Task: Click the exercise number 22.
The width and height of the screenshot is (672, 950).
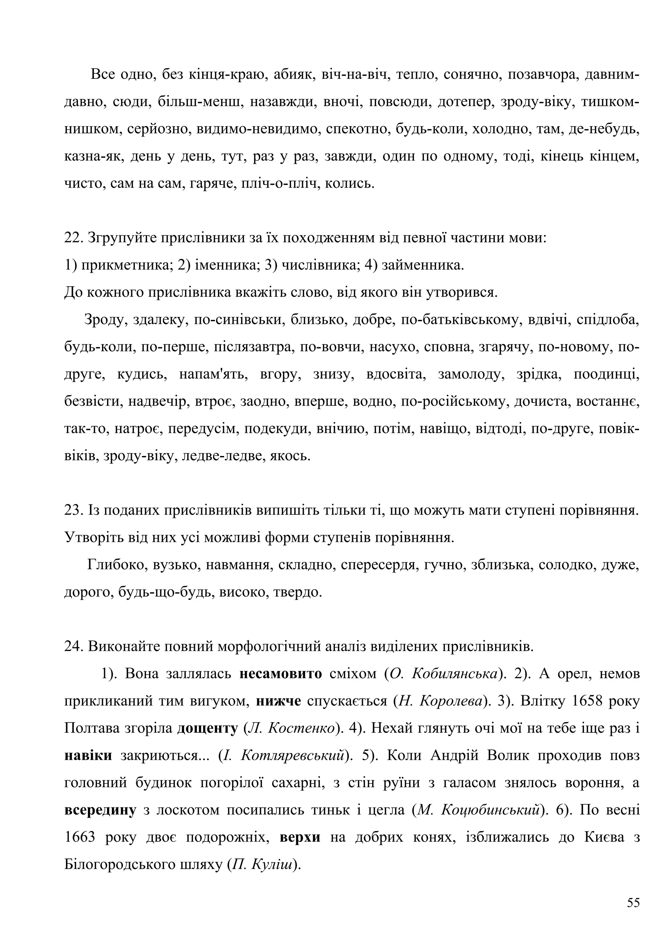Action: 73,238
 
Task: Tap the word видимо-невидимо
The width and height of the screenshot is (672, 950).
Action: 258,129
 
